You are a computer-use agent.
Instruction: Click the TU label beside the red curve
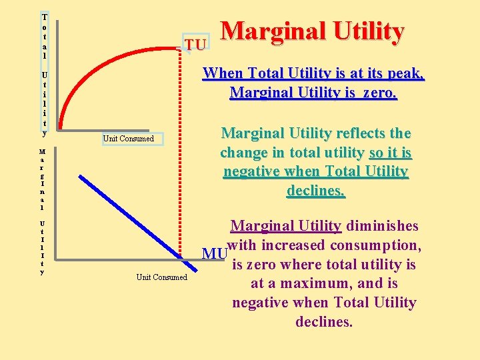coord(195,44)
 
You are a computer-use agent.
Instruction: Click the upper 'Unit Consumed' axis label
coord(128,139)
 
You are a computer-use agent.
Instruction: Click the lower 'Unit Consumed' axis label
coord(162,277)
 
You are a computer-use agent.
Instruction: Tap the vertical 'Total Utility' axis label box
coord(44,73)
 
